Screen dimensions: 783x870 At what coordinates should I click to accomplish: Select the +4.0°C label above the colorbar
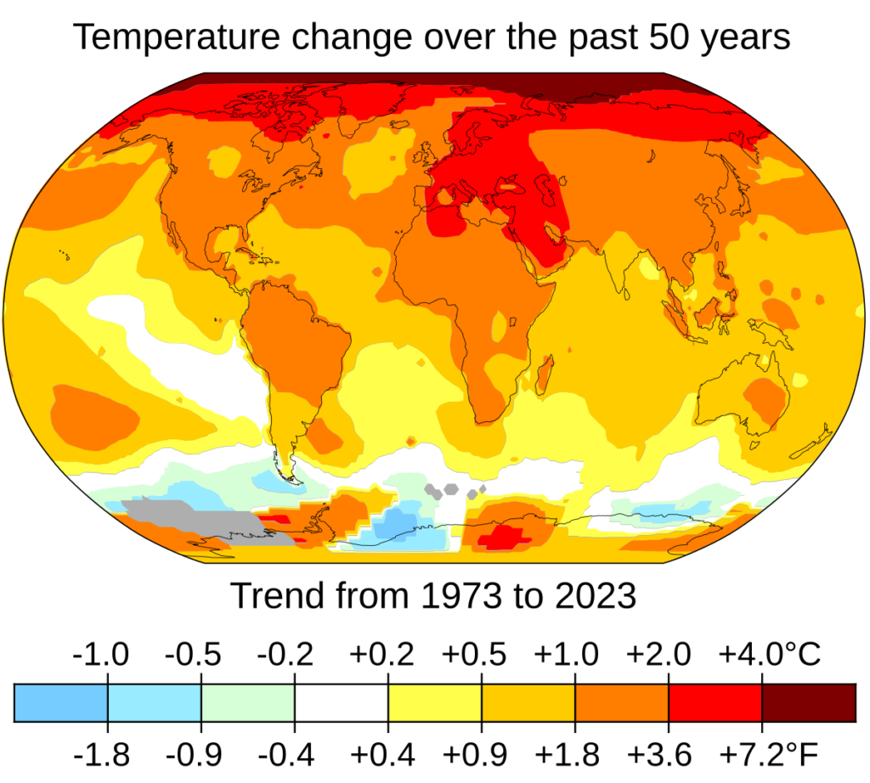770,656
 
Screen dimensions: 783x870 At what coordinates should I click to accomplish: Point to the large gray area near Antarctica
183,518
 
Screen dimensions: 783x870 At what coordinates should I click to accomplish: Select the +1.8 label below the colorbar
567,752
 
